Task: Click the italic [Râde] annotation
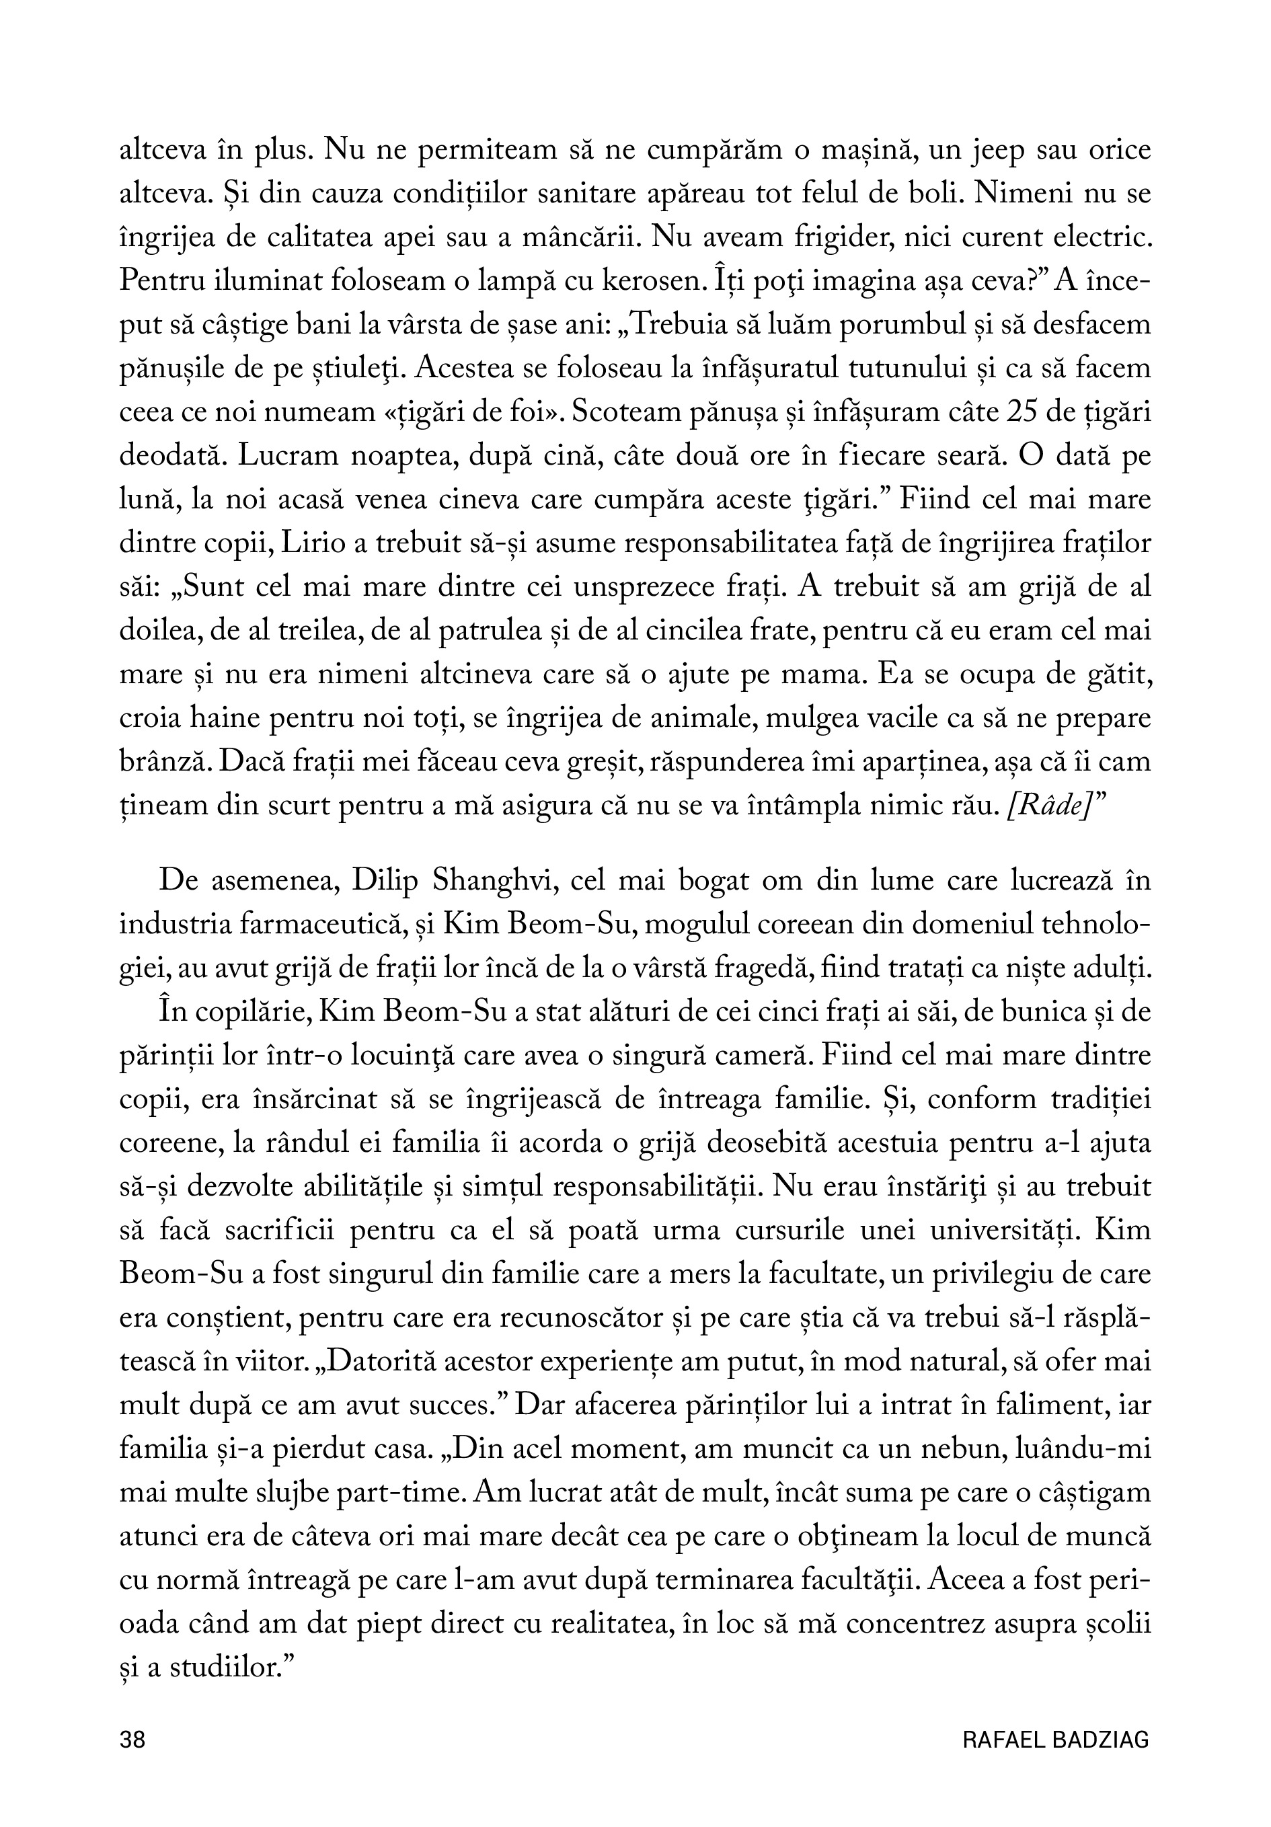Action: point(1046,806)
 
